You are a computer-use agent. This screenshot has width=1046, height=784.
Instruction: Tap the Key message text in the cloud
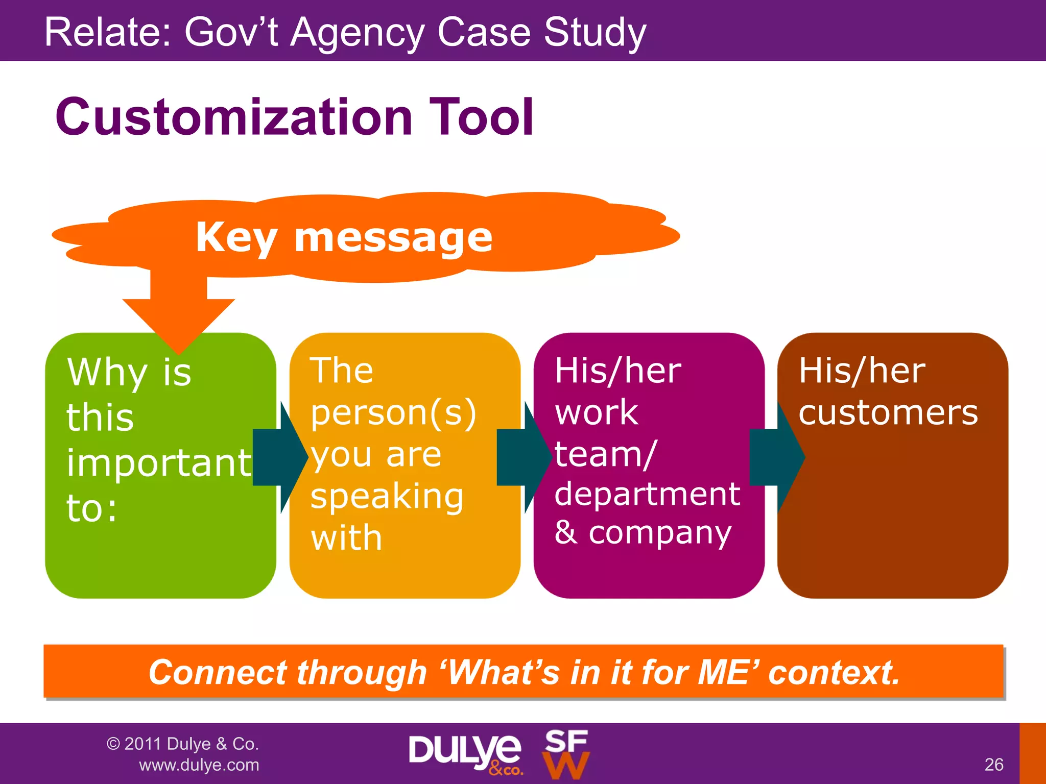(x=344, y=238)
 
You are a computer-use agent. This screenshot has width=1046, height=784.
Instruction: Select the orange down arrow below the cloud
(x=179, y=311)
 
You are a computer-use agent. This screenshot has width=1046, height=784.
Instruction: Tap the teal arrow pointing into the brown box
(x=776, y=457)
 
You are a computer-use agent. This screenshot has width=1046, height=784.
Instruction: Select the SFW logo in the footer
(x=566, y=754)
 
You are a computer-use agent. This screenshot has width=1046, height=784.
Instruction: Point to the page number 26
(x=993, y=765)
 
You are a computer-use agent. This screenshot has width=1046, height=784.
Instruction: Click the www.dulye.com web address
(x=199, y=765)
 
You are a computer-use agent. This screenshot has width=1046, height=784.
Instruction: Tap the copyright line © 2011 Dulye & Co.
(x=182, y=744)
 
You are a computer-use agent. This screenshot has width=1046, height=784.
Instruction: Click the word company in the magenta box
(x=660, y=533)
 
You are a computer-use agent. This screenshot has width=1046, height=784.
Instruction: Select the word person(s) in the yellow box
(x=393, y=413)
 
